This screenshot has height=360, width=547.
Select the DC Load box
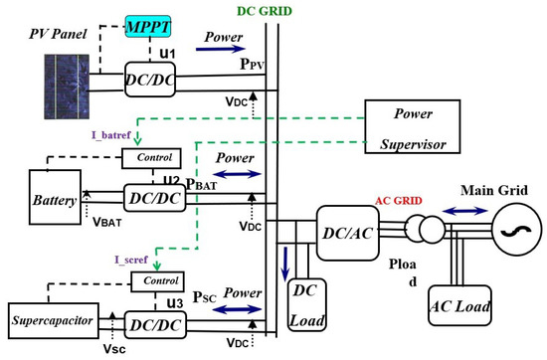307,301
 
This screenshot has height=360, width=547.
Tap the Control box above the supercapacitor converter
159,281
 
